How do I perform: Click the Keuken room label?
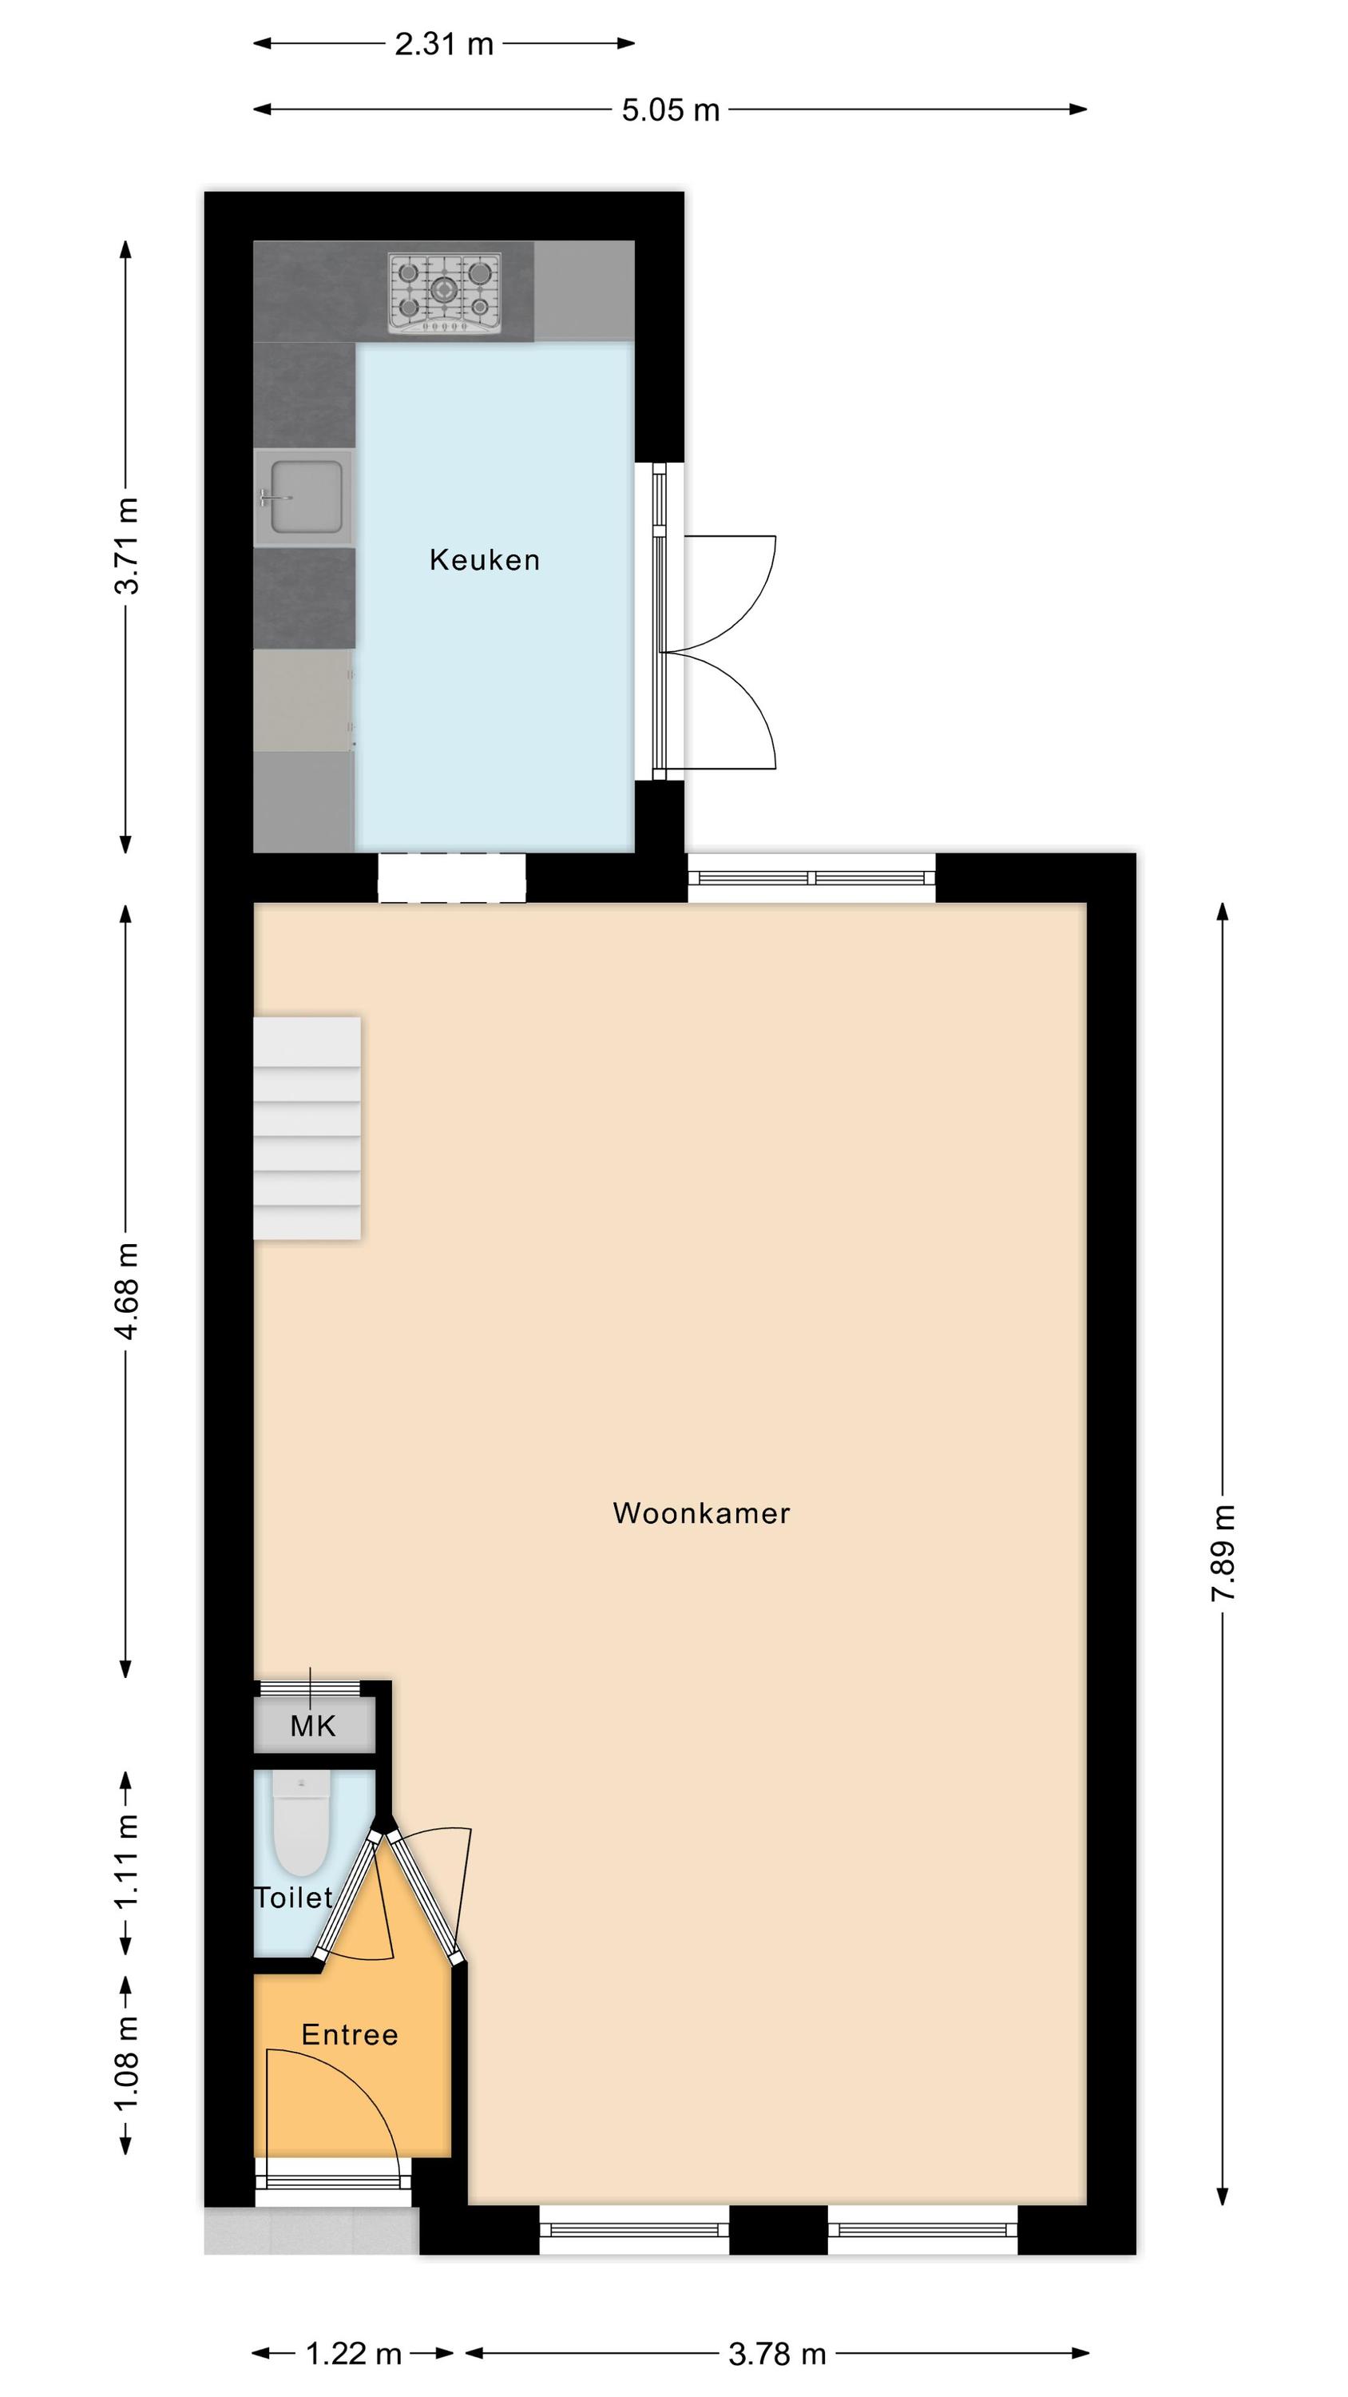484,559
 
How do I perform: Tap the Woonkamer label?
701,1513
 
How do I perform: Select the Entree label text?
350,2035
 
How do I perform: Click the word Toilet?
294,1898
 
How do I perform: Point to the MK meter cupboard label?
312,1727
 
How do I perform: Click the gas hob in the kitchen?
445,293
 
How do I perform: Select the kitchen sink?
303,498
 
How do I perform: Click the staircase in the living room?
307,1127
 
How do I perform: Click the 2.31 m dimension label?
444,45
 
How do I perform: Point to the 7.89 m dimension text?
1223,1552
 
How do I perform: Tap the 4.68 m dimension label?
126,1290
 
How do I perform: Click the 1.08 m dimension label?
126,2065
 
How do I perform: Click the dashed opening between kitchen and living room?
451,878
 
